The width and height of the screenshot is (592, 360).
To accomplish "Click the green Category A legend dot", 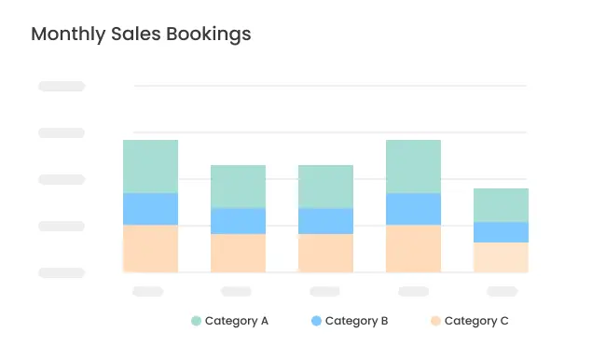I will pos(196,321).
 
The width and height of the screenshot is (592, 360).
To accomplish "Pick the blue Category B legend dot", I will pos(316,321).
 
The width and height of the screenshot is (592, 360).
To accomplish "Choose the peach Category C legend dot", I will pos(435,321).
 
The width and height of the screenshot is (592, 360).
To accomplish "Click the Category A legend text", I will pos(237,321).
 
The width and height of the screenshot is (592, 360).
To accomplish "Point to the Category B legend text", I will pos(357,321).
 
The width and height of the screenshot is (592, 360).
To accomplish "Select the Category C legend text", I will pos(476,321).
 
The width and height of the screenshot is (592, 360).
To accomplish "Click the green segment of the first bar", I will pos(150,166).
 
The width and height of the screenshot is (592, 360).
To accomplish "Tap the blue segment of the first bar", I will pos(150,209).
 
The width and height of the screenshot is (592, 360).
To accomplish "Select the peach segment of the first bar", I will pos(150,248).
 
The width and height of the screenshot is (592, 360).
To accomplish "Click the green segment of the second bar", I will pos(238,187).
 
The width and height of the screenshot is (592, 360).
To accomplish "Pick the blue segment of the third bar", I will pos(325,221).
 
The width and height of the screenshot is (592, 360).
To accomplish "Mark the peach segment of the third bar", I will pos(325,253).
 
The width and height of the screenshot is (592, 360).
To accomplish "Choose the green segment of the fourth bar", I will pos(413,166).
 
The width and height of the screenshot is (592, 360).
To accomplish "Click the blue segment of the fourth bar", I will pos(413,209).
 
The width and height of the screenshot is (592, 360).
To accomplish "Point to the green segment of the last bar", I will pos(501,205).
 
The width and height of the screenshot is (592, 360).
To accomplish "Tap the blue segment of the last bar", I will pos(501,232).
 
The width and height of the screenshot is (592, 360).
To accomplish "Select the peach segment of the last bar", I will pos(501,257).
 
